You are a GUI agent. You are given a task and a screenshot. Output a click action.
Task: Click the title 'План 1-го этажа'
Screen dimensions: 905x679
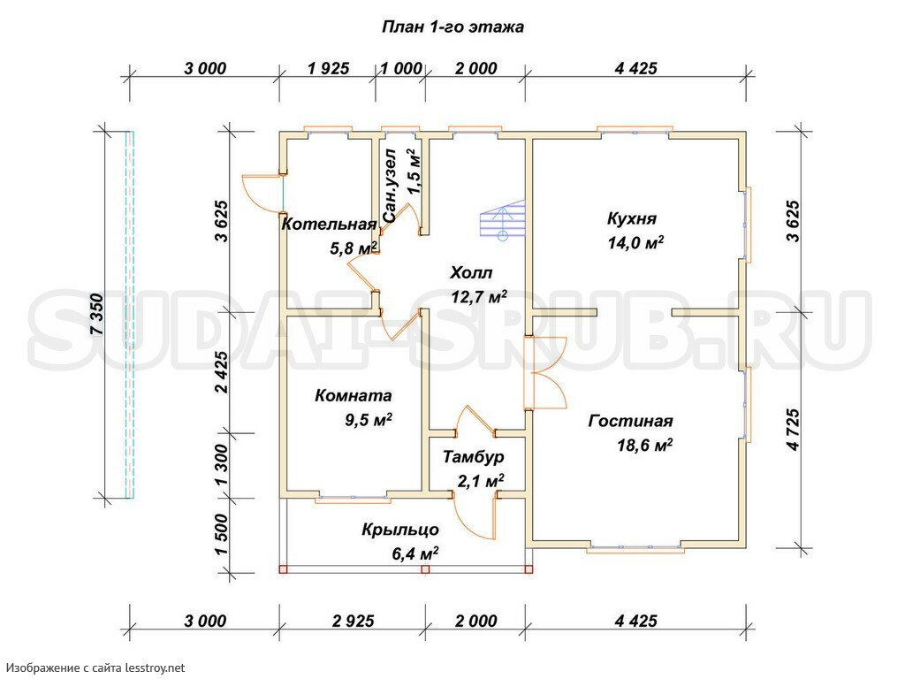tap(453, 27)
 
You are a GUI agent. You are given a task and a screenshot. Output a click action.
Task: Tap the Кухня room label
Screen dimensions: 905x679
tap(632, 219)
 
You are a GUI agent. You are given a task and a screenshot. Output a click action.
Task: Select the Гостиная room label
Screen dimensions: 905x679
tap(630, 422)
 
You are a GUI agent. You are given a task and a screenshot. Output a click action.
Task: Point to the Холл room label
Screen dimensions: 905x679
tap(471, 272)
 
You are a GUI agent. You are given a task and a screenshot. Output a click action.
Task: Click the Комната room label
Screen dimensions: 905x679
tap(354, 396)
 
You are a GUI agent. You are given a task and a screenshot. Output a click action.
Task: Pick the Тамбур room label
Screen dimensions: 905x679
tap(474, 457)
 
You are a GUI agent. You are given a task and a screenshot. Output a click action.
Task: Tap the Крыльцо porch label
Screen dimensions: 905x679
tap(400, 530)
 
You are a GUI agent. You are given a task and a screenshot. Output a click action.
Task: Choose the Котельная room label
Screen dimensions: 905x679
tap(329, 224)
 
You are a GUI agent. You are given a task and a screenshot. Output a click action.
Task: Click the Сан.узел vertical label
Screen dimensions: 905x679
tap(390, 186)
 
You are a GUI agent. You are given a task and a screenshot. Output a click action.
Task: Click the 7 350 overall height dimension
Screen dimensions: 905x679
tap(97, 315)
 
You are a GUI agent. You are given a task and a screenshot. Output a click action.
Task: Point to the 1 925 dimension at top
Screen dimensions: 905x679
tap(329, 69)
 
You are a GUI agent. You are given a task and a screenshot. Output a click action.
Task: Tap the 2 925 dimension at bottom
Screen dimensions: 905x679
tap(354, 622)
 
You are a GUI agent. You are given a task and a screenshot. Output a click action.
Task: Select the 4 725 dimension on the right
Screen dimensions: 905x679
tap(794, 430)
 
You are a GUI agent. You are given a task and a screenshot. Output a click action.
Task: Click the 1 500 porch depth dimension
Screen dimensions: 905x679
tap(222, 535)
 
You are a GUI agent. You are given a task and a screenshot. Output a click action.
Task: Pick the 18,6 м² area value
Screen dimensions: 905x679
tap(645, 446)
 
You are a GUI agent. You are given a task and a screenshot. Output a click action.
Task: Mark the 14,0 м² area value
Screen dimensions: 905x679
tap(635, 242)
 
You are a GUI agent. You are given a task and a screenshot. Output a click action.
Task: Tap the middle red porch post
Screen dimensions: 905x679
tap(425, 569)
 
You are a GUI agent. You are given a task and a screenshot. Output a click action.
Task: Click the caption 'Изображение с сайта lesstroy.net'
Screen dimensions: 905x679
tap(95, 668)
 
